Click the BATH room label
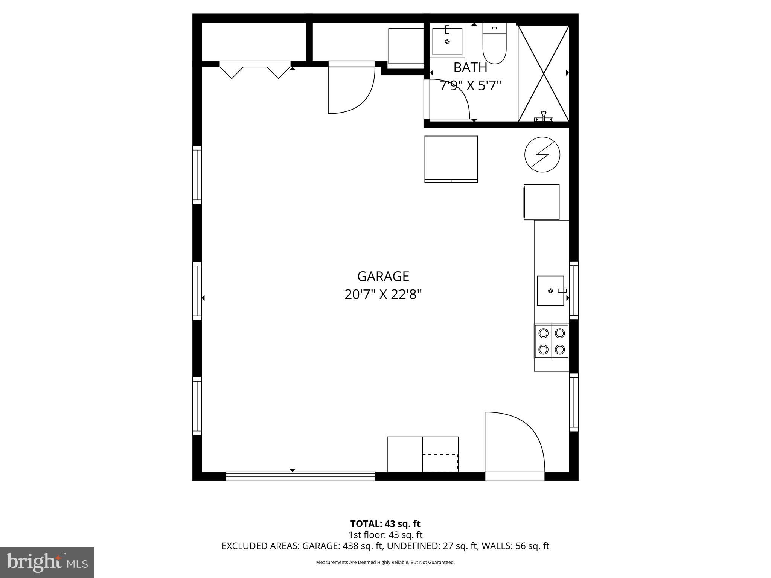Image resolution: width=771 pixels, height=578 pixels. coord(470,67)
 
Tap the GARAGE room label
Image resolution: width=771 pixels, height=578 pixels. coord(383,277)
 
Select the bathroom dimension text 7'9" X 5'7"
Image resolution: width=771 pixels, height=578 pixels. coord(471,86)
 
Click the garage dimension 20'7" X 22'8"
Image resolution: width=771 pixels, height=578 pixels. coord(383,294)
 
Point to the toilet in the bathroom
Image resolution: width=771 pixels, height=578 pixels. coord(494,44)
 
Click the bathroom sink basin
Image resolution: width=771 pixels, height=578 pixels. coord(447,41)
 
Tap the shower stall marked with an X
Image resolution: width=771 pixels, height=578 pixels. coord(544,73)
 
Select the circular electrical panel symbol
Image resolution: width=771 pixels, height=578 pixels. coord(542,155)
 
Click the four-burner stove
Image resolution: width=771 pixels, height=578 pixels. coord(552,341)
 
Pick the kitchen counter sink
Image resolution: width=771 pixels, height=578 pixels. coord(550,291)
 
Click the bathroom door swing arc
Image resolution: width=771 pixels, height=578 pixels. coord(450,100)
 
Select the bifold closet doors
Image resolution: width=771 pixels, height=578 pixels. coord(255,70)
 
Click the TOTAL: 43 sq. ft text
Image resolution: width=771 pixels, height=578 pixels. coord(385,524)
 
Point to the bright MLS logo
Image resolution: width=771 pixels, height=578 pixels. coord(47,562)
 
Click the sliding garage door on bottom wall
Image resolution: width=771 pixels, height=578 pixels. coord(300,476)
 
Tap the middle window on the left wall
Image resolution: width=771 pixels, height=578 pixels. coord(197,291)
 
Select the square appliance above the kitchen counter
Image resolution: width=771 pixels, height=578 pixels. coord(541,202)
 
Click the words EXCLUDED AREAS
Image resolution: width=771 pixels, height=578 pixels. coord(260,546)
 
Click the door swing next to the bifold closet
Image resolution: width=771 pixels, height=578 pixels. coord(351,90)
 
